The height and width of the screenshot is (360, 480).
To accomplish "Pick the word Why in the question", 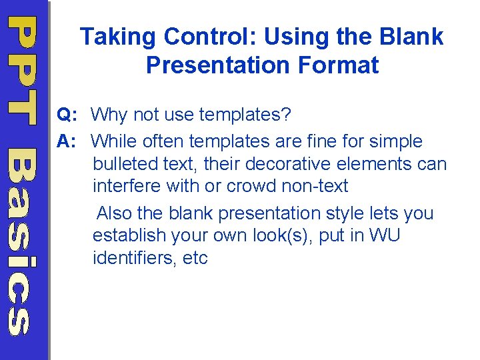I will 109,115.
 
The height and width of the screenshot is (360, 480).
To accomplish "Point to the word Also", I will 114,213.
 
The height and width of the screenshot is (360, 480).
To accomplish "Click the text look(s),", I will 279,235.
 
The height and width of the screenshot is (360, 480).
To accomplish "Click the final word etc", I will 195,257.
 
